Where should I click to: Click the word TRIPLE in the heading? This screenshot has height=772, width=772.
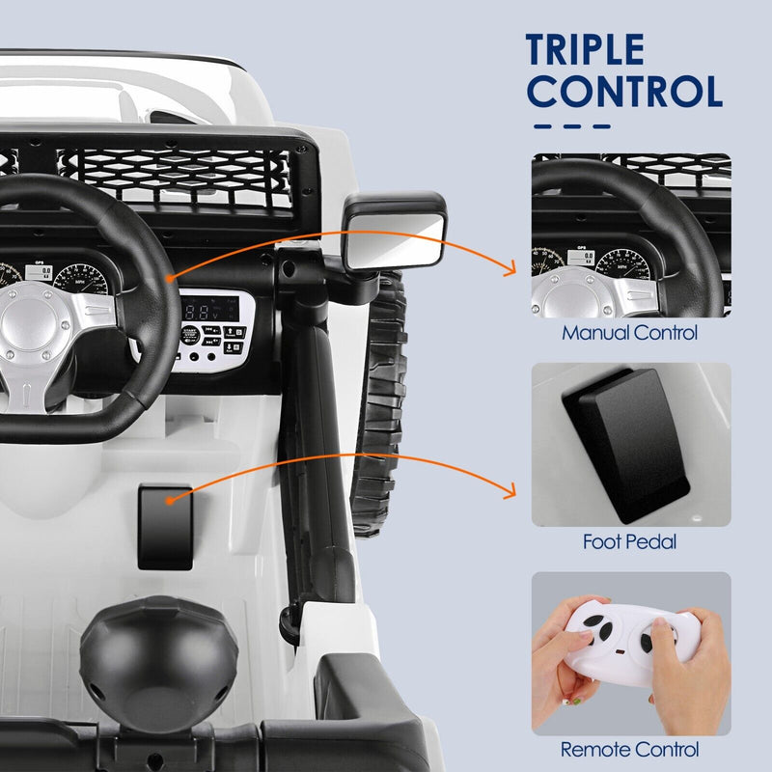point(585,49)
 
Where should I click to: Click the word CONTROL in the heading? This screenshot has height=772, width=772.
point(625,92)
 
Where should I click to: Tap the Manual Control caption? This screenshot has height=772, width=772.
point(630,334)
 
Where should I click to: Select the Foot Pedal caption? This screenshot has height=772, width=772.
point(629,542)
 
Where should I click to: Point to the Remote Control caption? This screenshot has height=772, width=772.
point(630,749)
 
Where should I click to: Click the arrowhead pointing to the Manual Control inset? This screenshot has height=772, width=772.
point(511,273)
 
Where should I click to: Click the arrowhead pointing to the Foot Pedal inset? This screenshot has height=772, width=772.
point(511,495)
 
